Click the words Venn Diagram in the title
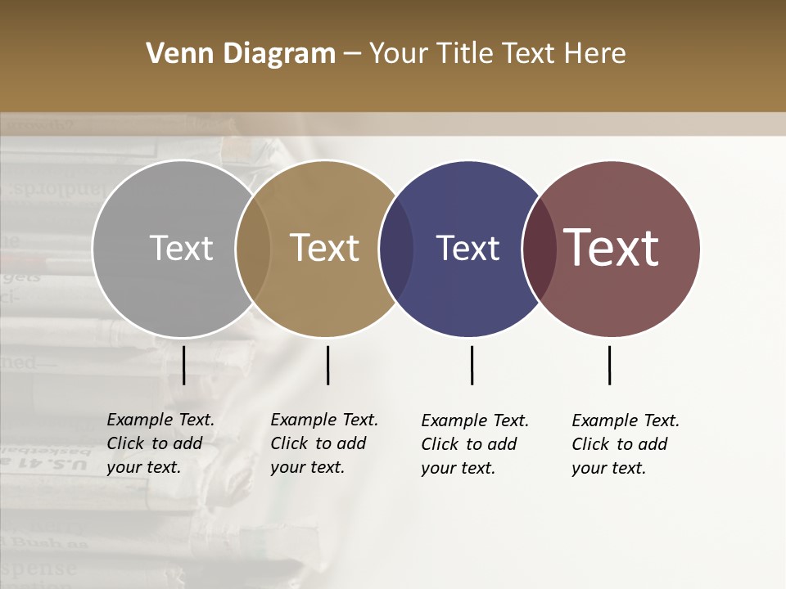pyautogui.click(x=241, y=54)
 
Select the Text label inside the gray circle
pyautogui.click(x=181, y=248)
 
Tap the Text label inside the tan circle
pyautogui.click(x=325, y=248)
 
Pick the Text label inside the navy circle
pyautogui.click(x=468, y=248)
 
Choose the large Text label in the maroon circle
pyautogui.click(x=612, y=248)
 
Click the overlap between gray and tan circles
pyautogui.click(x=253, y=248)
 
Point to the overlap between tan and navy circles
pyautogui.click(x=397, y=248)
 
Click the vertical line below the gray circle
pyautogui.click(x=184, y=365)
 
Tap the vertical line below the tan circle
pyautogui.click(x=327, y=365)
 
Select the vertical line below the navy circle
pyautogui.click(x=472, y=365)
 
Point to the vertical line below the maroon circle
pyautogui.click(x=609, y=365)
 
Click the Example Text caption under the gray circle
pyautogui.click(x=160, y=443)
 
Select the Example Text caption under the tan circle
pyautogui.click(x=324, y=443)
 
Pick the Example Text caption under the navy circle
pyautogui.click(x=475, y=444)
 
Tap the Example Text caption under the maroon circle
pyautogui.click(x=626, y=444)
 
